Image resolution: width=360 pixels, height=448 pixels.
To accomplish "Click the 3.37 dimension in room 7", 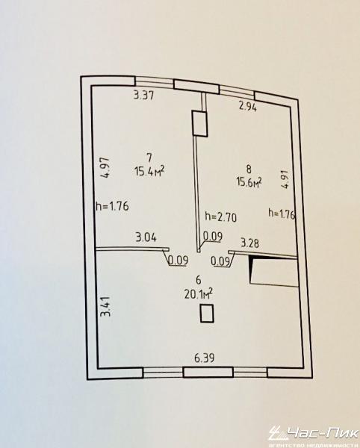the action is [x=144, y=95].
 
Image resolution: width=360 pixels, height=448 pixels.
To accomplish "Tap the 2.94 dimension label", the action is [x=248, y=107].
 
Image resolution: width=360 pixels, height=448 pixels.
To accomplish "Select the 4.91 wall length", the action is [x=285, y=179].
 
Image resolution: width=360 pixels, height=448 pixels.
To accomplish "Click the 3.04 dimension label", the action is [x=146, y=237].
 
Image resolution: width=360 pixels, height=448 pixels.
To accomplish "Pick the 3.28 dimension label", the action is [x=250, y=243].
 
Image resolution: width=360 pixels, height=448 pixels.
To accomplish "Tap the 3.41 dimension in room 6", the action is [x=105, y=306].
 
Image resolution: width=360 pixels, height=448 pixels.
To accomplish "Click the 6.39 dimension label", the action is [x=205, y=358].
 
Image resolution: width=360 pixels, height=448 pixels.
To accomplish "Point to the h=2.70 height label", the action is [x=221, y=217].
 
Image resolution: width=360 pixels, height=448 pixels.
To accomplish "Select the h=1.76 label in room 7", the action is [x=112, y=206].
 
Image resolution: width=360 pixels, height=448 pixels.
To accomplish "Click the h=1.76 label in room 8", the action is [x=282, y=214].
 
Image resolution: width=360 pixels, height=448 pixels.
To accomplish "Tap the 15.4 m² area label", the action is [x=149, y=171].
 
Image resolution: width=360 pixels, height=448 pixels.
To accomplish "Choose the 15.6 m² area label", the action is [x=249, y=181].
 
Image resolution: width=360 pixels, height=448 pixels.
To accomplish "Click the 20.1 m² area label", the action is [x=199, y=293].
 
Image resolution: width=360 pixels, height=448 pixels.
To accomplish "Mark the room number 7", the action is [x=149, y=158].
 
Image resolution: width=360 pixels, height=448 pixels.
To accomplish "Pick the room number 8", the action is [x=249, y=169].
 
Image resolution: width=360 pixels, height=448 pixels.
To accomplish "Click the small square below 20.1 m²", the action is [x=207, y=314].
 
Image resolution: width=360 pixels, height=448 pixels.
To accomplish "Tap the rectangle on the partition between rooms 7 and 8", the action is [x=200, y=123].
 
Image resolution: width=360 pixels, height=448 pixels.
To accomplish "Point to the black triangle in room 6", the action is [x=252, y=267].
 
